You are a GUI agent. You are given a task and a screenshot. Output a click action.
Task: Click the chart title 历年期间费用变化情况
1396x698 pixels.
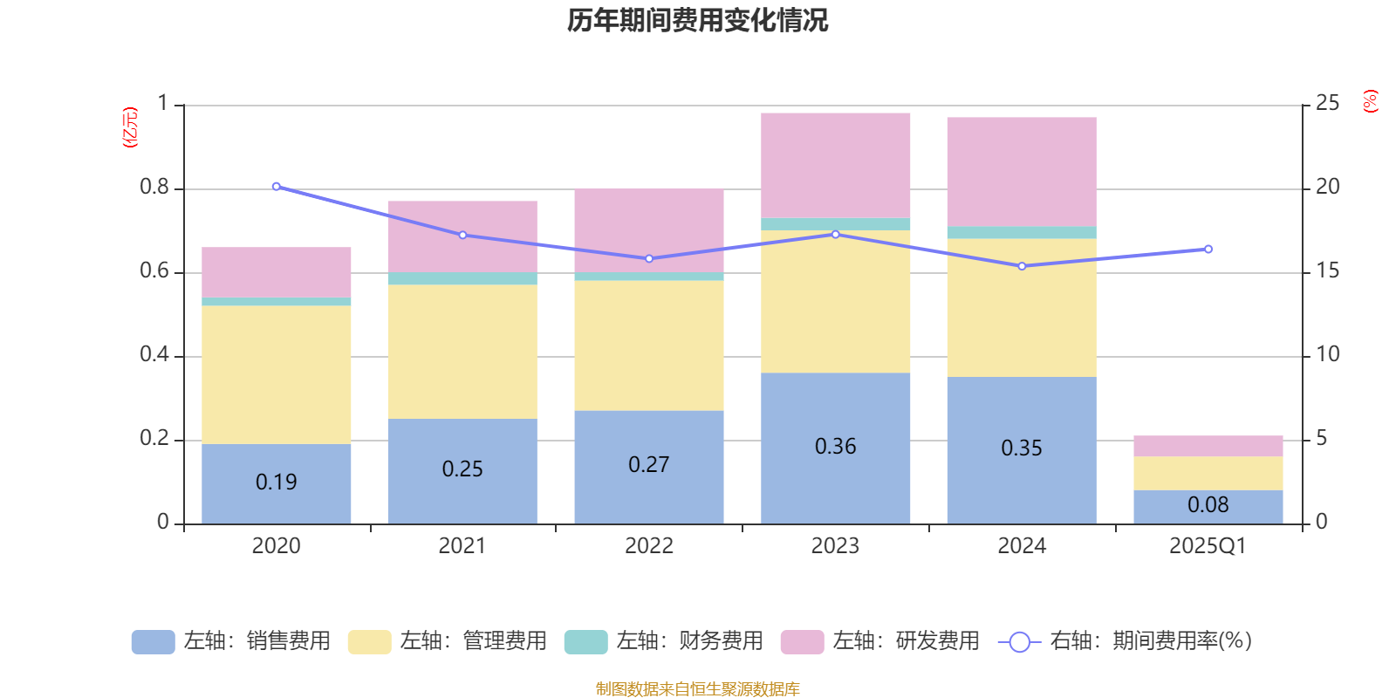[697, 20]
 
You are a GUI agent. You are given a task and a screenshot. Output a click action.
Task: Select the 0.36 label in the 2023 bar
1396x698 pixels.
[835, 447]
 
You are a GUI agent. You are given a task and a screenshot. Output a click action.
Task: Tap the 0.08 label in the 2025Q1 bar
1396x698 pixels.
[1208, 505]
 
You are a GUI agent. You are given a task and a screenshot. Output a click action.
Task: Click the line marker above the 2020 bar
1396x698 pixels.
[277, 187]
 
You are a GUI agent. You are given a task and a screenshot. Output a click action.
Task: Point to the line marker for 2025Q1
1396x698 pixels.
[1208, 250]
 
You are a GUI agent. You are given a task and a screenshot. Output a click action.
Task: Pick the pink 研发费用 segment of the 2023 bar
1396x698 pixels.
[835, 165]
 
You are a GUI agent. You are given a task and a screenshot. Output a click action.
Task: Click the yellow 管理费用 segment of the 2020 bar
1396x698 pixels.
[277, 375]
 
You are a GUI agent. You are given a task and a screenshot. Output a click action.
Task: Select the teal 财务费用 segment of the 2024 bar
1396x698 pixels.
[1022, 233]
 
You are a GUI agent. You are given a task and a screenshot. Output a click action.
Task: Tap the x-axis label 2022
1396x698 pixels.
[648, 546]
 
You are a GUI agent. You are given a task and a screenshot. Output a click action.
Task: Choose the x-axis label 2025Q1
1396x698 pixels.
[1208, 546]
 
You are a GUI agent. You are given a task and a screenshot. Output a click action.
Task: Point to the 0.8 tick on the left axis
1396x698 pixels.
[154, 188]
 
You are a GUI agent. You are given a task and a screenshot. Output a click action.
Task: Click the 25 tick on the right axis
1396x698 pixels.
[1327, 104]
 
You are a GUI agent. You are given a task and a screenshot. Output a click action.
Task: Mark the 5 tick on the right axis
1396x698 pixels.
[1321, 438]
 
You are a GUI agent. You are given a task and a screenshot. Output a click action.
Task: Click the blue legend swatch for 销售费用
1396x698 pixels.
[153, 641]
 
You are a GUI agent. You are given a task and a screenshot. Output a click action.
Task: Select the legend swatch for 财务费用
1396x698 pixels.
[585, 641]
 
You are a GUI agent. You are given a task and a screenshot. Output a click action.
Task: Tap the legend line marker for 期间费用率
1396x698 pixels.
[1019, 642]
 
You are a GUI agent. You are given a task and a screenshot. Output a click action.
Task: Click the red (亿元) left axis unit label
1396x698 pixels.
[130, 128]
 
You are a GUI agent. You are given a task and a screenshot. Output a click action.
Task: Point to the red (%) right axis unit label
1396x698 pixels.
[1370, 101]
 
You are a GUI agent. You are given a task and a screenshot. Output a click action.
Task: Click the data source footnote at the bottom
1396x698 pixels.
[697, 689]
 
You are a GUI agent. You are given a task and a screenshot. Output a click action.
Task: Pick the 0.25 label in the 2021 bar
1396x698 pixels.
[462, 469]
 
